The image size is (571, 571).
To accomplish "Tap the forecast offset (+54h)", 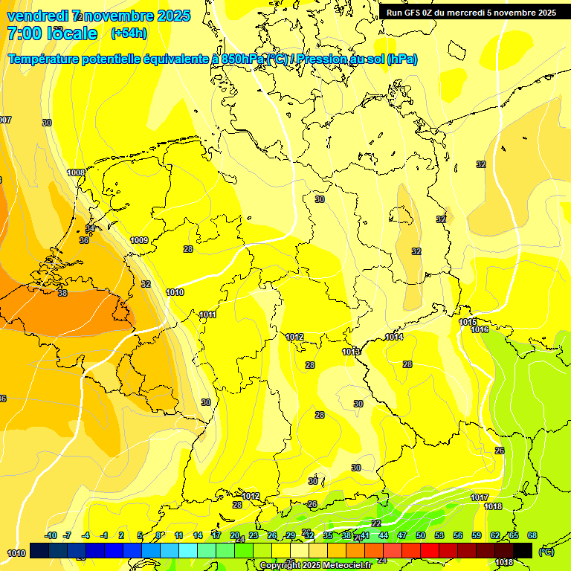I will coord(128,33).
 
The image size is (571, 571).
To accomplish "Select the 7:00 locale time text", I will coord(51,33).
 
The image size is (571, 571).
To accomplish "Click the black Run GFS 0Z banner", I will coord(471,13).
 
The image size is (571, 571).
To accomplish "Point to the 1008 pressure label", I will coord(76,172).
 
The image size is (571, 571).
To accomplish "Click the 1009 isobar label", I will coord(139,240).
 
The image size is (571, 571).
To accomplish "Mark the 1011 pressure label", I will coord(208,314).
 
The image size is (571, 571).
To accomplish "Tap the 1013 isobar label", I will coord(352,352).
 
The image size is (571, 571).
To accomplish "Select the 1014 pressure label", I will coord(394,338).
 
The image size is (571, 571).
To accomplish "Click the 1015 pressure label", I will coord(468,322).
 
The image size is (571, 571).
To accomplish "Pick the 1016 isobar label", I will coord(480,329).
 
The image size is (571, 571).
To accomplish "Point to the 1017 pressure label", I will coord(480,497).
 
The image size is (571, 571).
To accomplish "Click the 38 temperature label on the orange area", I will coord(62,293).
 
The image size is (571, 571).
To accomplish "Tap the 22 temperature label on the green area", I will coord(376,523).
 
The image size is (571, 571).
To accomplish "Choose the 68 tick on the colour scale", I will coord(532,535).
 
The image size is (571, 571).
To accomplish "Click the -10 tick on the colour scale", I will coord(51,535).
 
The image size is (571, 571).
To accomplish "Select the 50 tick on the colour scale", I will coord(421,535).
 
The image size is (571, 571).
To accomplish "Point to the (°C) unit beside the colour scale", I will coord(546,551).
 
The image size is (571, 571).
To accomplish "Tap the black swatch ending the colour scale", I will coord(523,550).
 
